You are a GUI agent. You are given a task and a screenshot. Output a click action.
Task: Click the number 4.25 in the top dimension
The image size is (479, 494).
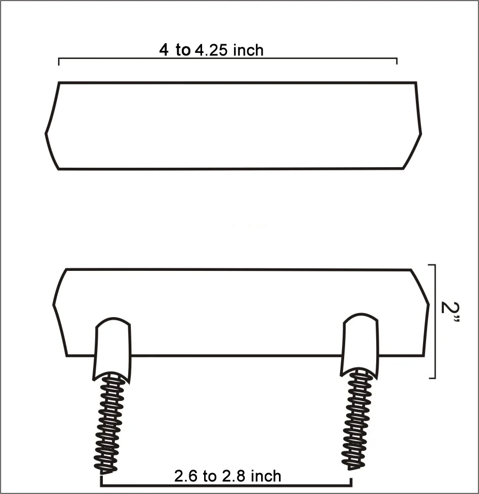pyautogui.click(x=211, y=50)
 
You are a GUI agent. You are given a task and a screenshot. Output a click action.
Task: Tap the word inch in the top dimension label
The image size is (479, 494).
pyautogui.click(x=248, y=50)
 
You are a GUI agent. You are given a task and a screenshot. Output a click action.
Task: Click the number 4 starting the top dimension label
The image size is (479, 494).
pyautogui.click(x=164, y=50)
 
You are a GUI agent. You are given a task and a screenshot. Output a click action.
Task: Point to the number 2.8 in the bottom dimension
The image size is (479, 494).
pyautogui.click(x=234, y=476)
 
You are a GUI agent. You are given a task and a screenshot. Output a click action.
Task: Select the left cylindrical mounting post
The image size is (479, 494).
pyautogui.click(x=112, y=349)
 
